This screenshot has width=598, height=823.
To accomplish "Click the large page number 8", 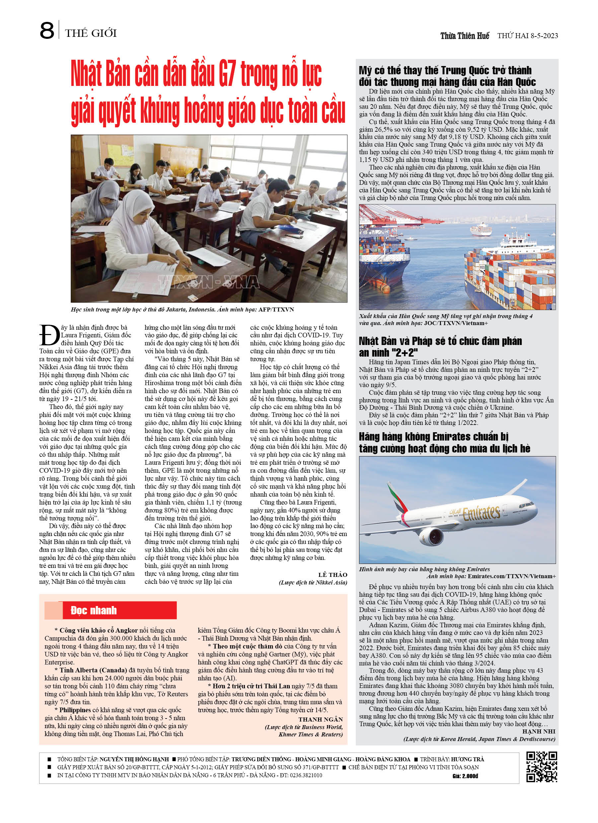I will [47, 31].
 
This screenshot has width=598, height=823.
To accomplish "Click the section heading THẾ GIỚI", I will [91, 34].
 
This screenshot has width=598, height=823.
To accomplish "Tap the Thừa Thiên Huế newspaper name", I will [464, 36].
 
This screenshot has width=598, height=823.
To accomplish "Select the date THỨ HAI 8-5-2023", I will [527, 36].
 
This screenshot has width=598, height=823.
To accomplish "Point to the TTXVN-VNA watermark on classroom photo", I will [208, 282].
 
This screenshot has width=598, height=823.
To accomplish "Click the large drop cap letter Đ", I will [49, 335].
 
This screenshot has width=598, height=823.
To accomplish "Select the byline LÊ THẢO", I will [332, 575].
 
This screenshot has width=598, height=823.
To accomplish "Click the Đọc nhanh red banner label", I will [94, 610].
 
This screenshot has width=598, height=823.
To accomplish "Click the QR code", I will [541, 766].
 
